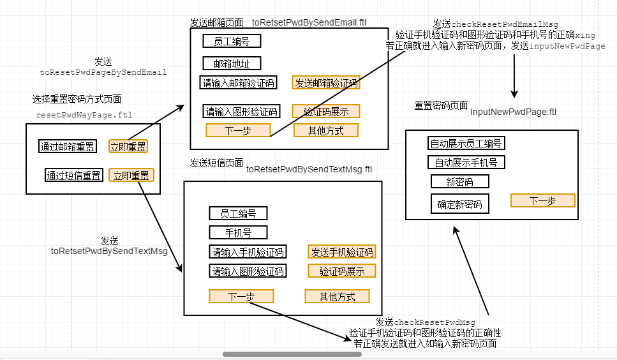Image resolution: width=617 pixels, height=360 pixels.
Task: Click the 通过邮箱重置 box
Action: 68,147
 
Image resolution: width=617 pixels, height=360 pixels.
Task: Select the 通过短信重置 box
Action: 73,175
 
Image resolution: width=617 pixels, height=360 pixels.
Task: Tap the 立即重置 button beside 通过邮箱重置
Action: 128,147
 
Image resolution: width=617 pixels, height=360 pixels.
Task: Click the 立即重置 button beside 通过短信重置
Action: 131,175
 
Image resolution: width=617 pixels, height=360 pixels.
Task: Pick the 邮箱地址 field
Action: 232,63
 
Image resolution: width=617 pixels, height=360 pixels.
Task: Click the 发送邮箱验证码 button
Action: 326,82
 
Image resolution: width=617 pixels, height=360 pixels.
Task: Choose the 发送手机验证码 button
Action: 341,251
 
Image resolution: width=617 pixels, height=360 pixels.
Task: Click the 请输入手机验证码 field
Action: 248,251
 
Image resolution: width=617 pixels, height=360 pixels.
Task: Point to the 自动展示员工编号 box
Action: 466,143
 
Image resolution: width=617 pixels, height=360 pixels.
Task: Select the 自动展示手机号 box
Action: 466,162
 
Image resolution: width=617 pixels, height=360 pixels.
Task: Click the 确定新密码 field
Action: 459,204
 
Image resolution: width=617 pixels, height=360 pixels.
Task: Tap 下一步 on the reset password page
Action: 542,200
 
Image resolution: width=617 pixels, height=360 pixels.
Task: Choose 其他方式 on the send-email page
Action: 325,130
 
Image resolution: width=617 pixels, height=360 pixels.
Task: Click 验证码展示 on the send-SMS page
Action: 342,271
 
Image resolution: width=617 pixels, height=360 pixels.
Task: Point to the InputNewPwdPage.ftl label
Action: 513,112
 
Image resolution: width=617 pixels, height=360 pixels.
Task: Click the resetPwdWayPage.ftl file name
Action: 84,116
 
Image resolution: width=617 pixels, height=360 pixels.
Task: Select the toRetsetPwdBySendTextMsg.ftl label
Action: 309,169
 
